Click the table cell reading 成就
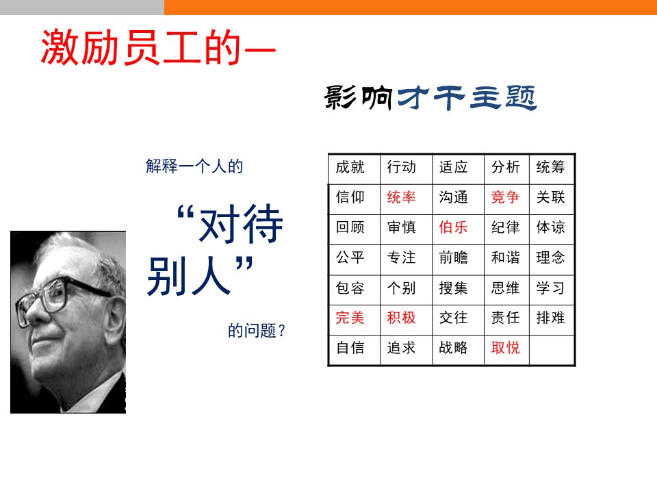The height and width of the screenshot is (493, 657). pyautogui.click(x=354, y=169)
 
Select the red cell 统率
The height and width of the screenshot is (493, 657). pyautogui.click(x=406, y=199)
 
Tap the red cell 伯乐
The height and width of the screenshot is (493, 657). pyautogui.click(x=458, y=229)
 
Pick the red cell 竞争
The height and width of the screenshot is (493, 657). pyautogui.click(x=506, y=199)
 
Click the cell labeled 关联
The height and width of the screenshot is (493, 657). pyautogui.click(x=552, y=199)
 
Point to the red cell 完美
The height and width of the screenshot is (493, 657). pyautogui.click(x=354, y=320)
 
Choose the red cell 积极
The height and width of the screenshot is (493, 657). pyautogui.click(x=406, y=320)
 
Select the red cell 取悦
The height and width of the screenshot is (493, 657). pyautogui.click(x=506, y=350)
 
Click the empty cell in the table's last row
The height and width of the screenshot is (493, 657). pyautogui.click(x=552, y=350)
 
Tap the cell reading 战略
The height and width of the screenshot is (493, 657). pyautogui.click(x=458, y=350)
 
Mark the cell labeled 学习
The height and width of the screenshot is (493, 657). pyautogui.click(x=552, y=290)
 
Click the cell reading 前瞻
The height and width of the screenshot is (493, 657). pyautogui.click(x=458, y=260)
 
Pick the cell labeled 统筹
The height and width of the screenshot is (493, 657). pyautogui.click(x=552, y=169)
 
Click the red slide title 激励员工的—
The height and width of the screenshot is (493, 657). pyautogui.click(x=158, y=47)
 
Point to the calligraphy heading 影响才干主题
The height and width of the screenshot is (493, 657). pyautogui.click(x=430, y=97)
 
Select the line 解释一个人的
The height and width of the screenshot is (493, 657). pyautogui.click(x=194, y=166)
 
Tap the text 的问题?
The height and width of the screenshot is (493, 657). pyautogui.click(x=257, y=331)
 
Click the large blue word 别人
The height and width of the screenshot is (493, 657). pyautogui.click(x=190, y=277)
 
